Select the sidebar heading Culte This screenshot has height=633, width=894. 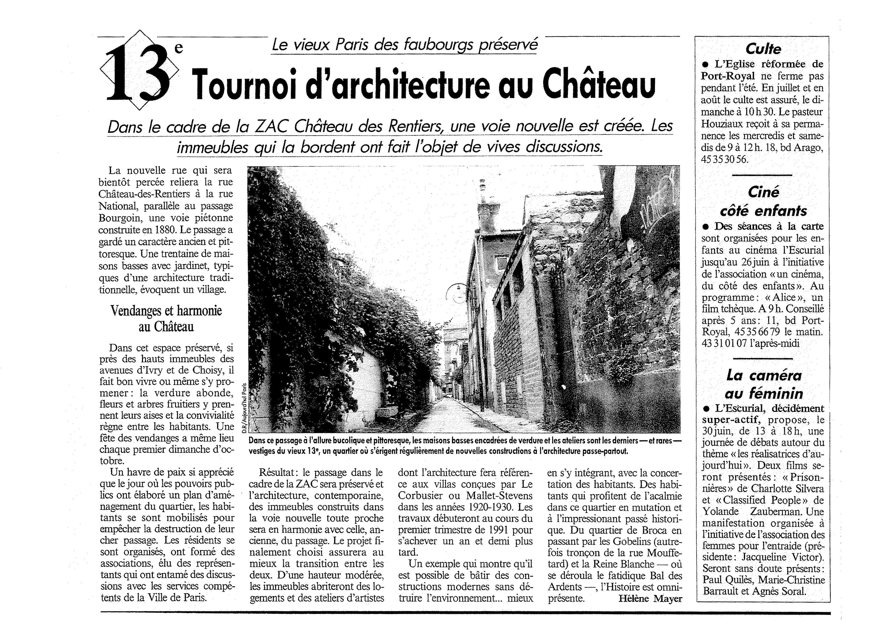[x=763, y=49]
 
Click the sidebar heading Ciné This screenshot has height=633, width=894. [x=763, y=192]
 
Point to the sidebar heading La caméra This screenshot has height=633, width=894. [x=764, y=375]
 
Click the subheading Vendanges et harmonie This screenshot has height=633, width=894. [x=166, y=311]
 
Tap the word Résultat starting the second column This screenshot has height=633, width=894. [x=276, y=473]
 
